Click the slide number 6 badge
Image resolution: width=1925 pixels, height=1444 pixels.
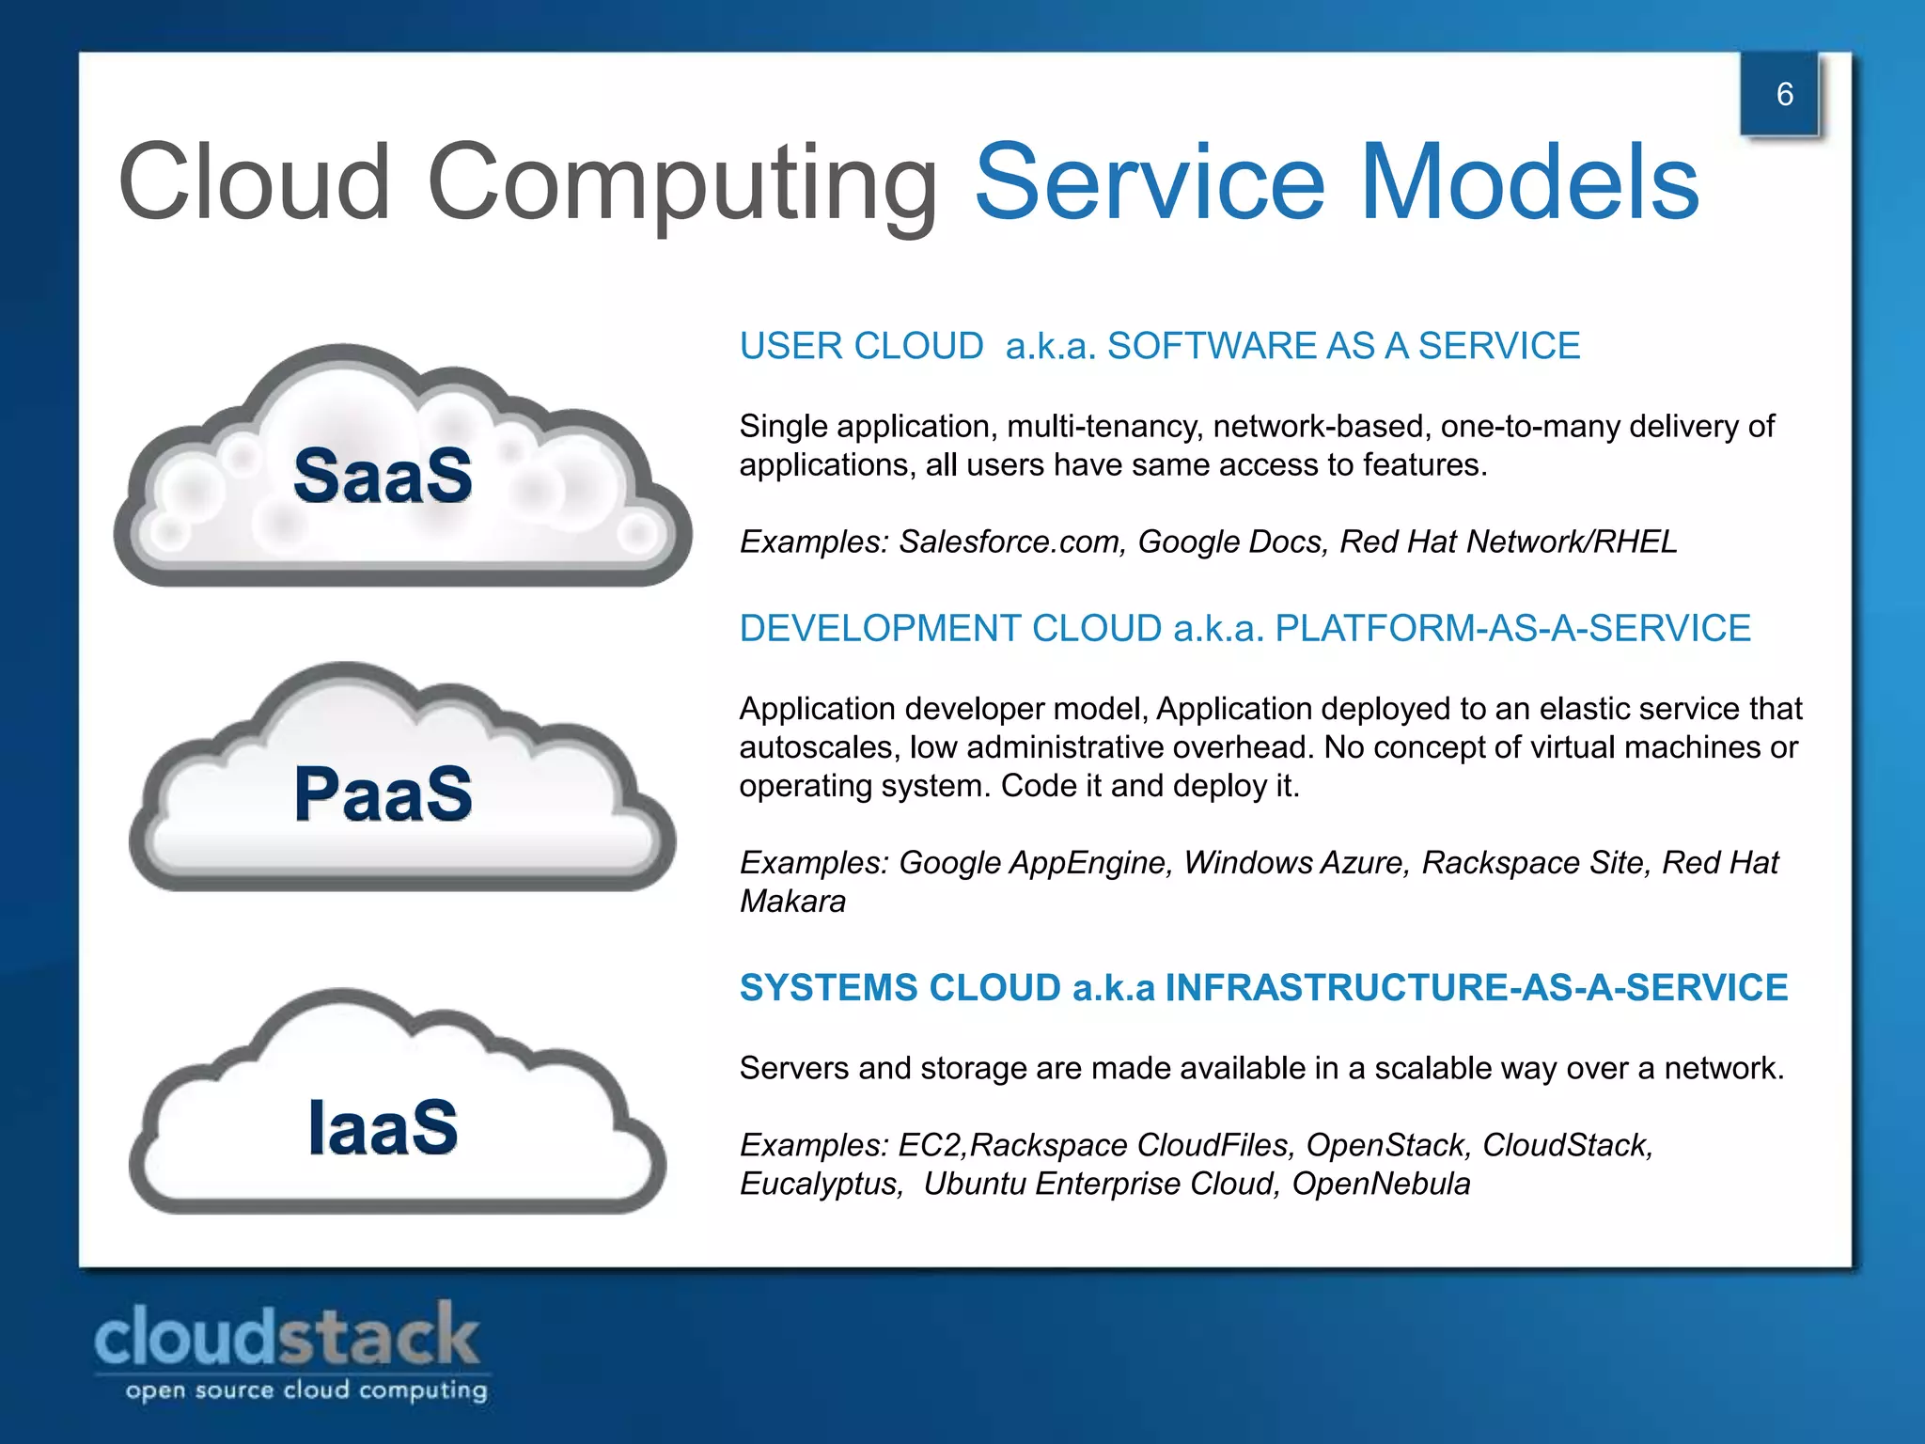[x=1783, y=94]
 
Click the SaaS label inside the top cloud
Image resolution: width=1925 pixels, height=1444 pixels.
[x=383, y=476]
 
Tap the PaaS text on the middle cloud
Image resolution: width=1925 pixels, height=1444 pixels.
[x=383, y=794]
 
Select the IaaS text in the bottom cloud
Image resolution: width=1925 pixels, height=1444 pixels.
[x=383, y=1127]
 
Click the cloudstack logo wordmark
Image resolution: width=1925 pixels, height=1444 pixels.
[x=287, y=1336]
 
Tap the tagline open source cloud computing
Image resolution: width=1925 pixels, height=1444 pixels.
[x=306, y=1390]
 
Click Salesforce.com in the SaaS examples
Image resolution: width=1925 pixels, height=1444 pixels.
[x=1011, y=541]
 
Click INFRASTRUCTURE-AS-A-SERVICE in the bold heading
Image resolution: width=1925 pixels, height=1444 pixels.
[x=1476, y=987]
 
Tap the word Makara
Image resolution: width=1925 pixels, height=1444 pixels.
[x=792, y=901]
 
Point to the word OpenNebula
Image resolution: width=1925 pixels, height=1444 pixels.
[x=1381, y=1184]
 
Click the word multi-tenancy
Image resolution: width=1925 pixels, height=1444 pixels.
[x=1104, y=427]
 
